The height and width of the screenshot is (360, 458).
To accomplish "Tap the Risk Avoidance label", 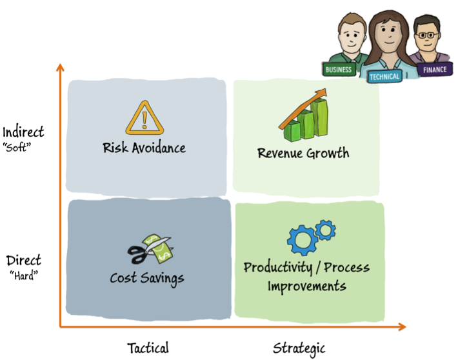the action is pos(144,148).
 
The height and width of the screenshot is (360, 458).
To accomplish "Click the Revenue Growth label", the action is pos(303,154).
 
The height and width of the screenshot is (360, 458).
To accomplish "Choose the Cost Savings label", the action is pos(147,278).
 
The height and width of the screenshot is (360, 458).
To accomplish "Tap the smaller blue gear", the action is pos(326,229).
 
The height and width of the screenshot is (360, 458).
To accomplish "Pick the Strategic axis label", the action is pos(299,348).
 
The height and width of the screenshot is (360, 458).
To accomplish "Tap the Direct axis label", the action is pos(24,261).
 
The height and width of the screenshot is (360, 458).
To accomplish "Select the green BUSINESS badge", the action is pos(339,70).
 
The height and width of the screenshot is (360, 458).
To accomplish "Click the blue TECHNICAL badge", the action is pos(384,76).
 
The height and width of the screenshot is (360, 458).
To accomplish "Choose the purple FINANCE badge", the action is pos(434,70).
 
